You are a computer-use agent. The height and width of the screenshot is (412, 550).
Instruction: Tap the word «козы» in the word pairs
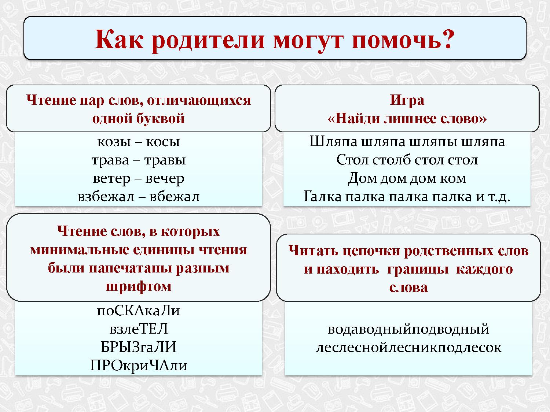[113, 142]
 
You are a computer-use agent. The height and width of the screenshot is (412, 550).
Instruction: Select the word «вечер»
[165, 179]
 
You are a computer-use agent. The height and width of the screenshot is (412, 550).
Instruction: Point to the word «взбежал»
[106, 197]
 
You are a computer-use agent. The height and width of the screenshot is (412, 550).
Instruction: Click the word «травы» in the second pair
[165, 160]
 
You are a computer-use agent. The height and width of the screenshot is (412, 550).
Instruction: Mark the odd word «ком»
[454, 179]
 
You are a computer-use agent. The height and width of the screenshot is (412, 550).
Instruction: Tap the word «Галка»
[322, 197]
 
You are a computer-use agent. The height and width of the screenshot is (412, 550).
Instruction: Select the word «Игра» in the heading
[407, 100]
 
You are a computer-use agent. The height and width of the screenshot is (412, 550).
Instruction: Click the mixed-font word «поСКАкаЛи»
[139, 311]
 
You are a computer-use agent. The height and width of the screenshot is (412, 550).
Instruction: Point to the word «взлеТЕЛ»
[139, 329]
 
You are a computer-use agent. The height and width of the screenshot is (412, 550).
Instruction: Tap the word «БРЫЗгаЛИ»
[139, 347]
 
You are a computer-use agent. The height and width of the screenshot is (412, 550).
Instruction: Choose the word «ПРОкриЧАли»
[139, 365]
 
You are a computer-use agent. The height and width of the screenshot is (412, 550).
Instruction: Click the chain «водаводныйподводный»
[408, 329]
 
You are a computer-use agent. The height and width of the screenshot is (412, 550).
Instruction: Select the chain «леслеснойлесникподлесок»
[408, 348]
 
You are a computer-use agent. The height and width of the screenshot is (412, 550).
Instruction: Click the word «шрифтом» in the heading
[139, 286]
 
